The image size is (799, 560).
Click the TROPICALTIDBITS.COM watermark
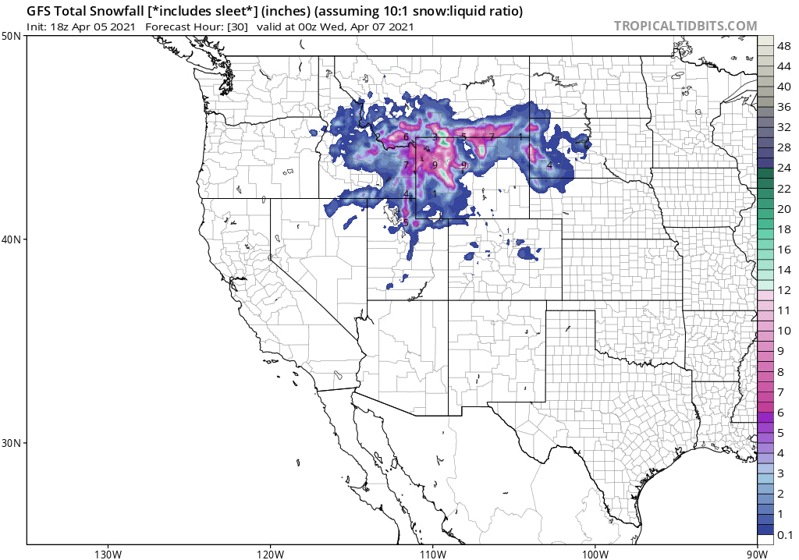click(685, 26)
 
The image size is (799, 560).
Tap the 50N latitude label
click(11, 37)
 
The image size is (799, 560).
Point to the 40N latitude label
click(11, 239)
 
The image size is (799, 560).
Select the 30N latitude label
click(11, 443)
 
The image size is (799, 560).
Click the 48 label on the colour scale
click(784, 46)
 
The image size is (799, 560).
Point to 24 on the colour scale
click(784, 168)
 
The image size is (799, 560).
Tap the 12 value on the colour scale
click(784, 290)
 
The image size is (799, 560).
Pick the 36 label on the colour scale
click(784, 107)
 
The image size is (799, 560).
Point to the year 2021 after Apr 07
click(398, 27)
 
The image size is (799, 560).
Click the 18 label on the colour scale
click(784, 229)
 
